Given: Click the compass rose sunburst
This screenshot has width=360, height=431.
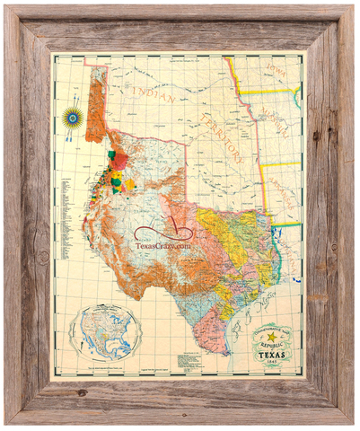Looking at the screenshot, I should [71, 117].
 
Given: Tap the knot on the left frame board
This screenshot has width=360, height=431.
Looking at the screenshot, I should [40, 257].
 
